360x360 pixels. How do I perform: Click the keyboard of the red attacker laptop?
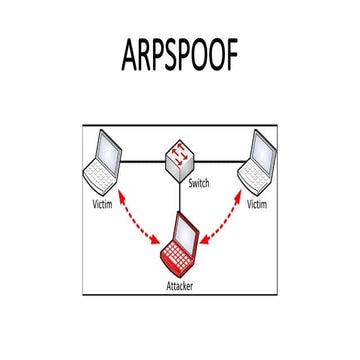(179, 262)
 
